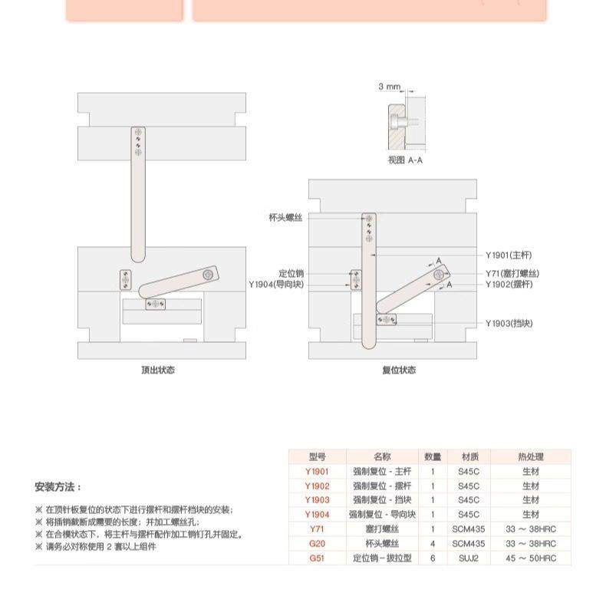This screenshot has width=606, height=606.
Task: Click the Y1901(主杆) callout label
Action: click(508, 254)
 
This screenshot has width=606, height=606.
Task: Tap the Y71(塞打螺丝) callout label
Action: click(512, 274)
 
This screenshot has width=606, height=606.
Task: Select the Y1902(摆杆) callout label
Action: click(509, 285)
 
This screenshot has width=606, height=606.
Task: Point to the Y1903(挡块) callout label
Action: click(509, 323)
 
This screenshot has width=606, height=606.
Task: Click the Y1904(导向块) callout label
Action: click(276, 285)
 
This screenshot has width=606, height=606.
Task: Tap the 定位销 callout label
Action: click(291, 273)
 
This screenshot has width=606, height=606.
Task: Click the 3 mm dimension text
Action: click(389, 87)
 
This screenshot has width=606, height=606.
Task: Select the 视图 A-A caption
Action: click(405, 160)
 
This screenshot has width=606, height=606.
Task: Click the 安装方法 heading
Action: click(58, 487)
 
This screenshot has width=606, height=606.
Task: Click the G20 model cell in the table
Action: click(317, 544)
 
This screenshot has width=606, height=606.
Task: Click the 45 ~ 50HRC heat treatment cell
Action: click(530, 558)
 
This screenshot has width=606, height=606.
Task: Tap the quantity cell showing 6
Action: click(433, 558)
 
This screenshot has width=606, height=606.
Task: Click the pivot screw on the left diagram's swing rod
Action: click(207, 274)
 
